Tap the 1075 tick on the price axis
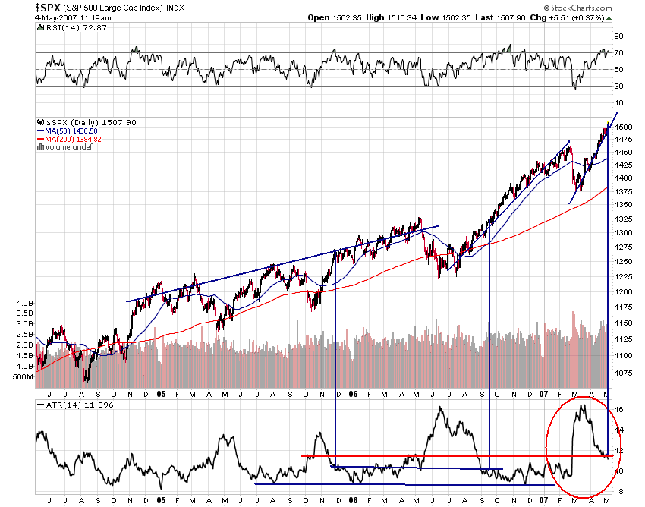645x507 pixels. (x=624, y=373)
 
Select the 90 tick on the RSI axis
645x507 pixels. (x=619, y=36)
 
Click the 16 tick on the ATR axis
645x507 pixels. (x=619, y=410)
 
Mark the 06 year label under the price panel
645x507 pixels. (x=354, y=395)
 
